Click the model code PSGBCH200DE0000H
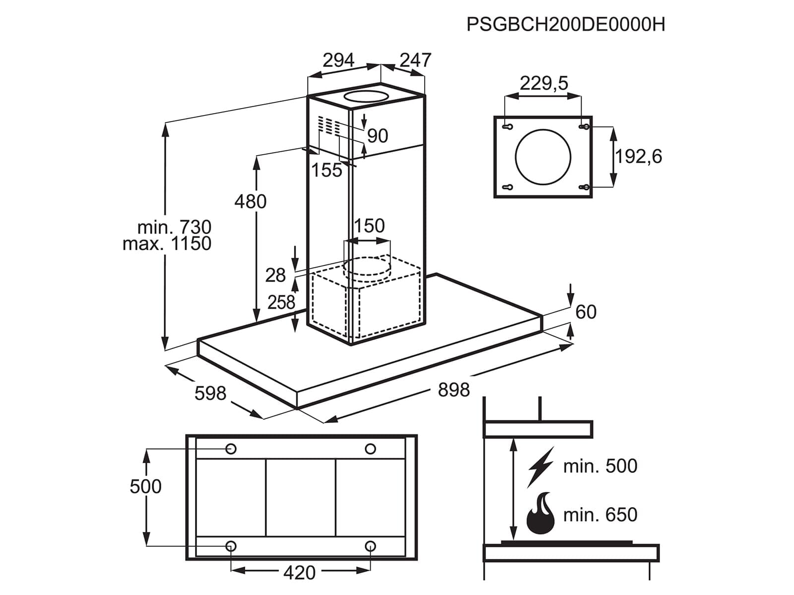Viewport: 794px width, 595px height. click(x=566, y=25)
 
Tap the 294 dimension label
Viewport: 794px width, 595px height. click(x=338, y=60)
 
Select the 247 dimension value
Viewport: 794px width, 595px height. click(x=415, y=60)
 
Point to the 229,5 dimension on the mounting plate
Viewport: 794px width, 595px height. click(x=544, y=83)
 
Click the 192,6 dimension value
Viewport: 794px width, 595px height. click(x=639, y=156)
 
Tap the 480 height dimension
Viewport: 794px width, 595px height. click(x=250, y=201)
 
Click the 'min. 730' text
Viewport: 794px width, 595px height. click(x=174, y=227)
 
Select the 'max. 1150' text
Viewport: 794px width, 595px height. click(x=167, y=243)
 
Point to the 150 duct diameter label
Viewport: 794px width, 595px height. click(x=369, y=226)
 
